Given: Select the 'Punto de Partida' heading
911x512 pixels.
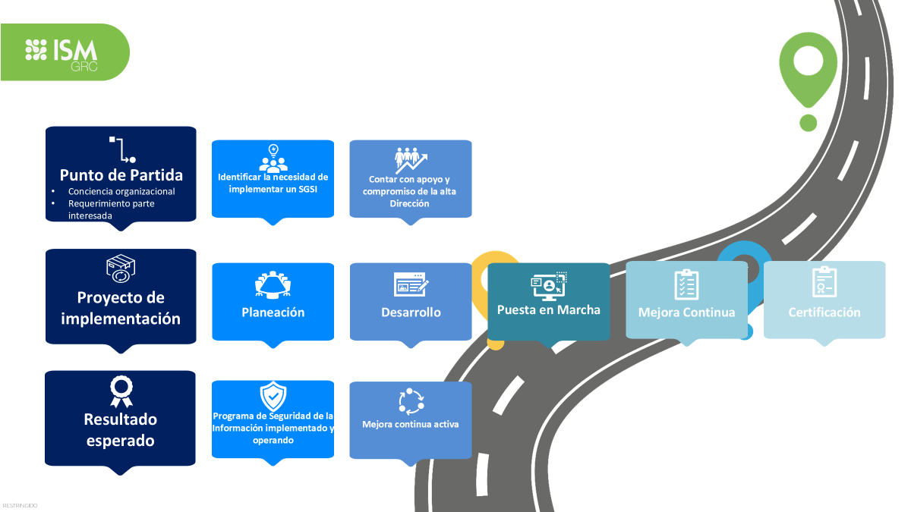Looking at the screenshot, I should (x=121, y=174).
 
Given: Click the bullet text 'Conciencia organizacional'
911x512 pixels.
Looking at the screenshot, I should (x=121, y=192).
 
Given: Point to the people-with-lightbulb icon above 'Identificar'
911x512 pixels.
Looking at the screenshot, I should (x=273, y=158).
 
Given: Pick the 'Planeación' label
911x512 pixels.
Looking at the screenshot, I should (x=273, y=313).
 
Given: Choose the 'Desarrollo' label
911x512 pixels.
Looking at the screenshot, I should (x=411, y=313).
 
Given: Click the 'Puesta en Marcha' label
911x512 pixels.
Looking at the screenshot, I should (x=548, y=309).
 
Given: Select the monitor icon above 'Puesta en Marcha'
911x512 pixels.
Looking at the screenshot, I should (x=548, y=284).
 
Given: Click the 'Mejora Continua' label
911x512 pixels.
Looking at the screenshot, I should (x=686, y=313).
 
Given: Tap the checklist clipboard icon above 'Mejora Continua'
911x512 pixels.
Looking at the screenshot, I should (x=686, y=284).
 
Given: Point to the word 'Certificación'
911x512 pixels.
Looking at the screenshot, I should (x=824, y=313).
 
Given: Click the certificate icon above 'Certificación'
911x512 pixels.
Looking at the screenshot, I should (x=824, y=282).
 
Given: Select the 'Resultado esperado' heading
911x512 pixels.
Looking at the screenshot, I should (x=121, y=429).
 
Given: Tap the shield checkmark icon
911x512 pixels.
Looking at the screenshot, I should (x=273, y=396).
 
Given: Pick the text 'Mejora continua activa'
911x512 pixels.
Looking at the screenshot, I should (x=411, y=425).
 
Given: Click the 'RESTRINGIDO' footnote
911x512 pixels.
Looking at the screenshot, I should (x=20, y=505).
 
